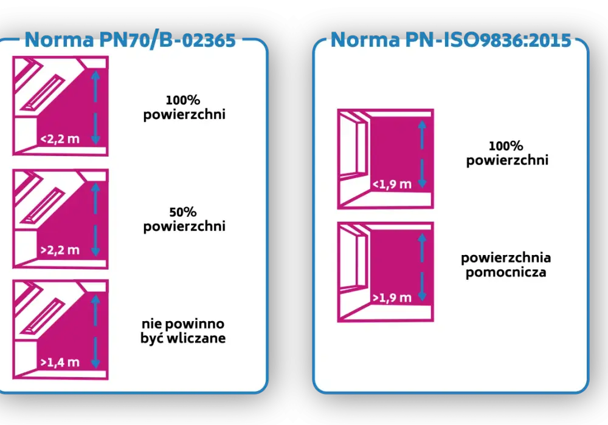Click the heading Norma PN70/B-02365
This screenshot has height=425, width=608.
coord(130,40)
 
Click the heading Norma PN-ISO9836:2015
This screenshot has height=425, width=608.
coord(451,39)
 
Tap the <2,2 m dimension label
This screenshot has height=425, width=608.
coord(60,138)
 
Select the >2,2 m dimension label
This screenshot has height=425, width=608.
coord(60,250)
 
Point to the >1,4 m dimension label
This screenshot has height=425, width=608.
coord(60,362)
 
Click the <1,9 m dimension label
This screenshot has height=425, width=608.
coord(392,184)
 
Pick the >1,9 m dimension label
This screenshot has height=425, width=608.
coord(392,297)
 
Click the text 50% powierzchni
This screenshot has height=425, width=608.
coord(184,219)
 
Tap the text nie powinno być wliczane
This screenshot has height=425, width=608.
coord(183,331)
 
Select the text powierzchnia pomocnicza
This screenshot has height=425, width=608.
coord(506,265)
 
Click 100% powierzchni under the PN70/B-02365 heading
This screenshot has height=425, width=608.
coord(184,107)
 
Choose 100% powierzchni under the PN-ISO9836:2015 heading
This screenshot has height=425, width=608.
coord(507,153)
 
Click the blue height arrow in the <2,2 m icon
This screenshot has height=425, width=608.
coord(95,107)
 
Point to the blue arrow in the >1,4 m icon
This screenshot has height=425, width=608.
coord(95,331)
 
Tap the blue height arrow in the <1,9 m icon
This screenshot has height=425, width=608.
coord(423,154)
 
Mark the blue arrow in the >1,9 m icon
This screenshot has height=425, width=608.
coord(423,267)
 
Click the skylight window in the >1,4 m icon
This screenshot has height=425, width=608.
coord(42,316)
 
